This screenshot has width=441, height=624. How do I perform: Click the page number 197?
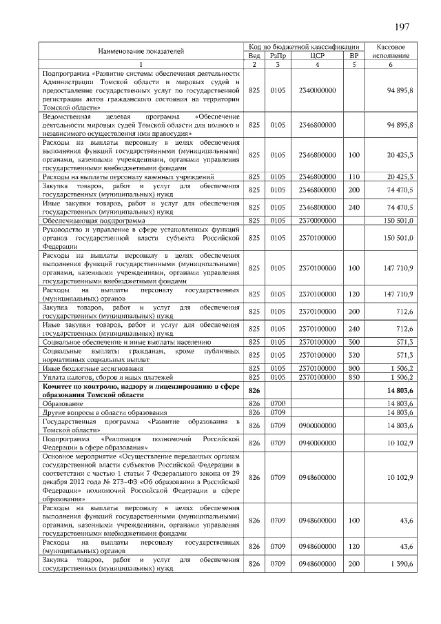click(402, 27)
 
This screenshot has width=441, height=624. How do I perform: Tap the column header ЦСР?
click(318, 55)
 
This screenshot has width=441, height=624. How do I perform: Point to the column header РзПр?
click(278, 55)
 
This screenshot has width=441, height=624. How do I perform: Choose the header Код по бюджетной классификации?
click(305, 46)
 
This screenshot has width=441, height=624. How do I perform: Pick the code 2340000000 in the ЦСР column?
click(318, 90)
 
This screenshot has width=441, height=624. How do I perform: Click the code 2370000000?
click(318, 221)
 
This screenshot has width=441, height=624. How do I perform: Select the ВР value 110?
click(354, 177)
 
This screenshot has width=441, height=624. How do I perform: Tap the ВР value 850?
click(354, 377)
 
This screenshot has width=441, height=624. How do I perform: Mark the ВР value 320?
click(354, 354)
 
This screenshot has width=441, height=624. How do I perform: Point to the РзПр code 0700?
click(278, 402)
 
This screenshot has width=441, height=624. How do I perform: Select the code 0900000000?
click(318, 425)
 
